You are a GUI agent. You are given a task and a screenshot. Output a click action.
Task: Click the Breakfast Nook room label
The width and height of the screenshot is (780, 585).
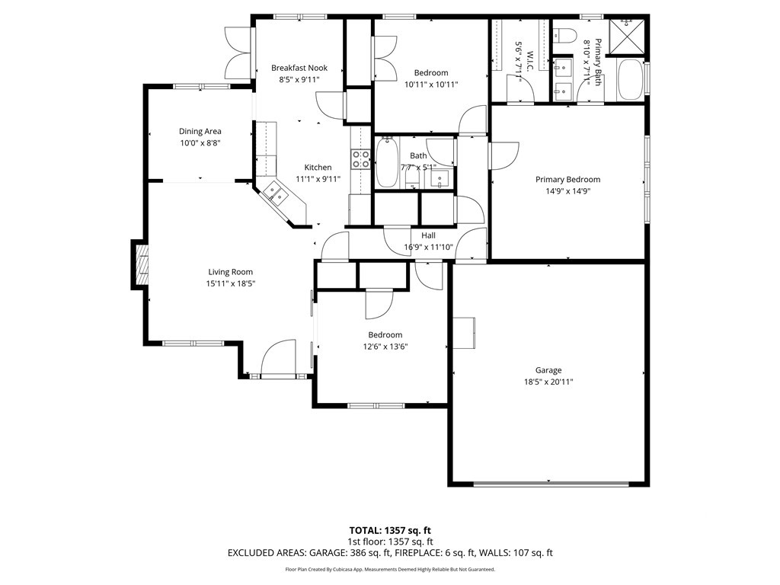click(299, 68)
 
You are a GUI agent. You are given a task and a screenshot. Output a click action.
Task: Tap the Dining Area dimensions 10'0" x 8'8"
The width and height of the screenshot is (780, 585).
click(200, 142)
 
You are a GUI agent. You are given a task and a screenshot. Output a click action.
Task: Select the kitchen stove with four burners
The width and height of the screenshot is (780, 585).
click(360, 158)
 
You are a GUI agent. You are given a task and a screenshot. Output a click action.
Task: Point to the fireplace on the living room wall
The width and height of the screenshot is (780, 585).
click(141, 264)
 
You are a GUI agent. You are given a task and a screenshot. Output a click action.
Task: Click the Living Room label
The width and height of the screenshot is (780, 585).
click(230, 272)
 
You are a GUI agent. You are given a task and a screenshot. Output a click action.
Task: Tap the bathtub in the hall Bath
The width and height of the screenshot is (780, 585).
click(387, 162)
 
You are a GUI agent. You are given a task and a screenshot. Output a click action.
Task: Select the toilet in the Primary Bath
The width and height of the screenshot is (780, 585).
click(564, 34)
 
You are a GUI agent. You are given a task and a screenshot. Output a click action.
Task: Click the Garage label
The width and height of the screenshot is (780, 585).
click(548, 370)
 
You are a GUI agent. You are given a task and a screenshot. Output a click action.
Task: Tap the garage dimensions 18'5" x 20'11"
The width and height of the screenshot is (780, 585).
click(548, 382)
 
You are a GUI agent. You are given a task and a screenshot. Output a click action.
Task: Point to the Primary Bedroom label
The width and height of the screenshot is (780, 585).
click(567, 180)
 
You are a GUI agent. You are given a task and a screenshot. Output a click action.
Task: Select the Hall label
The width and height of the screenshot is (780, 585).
click(428, 235)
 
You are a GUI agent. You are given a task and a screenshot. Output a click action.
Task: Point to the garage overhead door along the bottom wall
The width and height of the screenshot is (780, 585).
click(551, 483)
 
